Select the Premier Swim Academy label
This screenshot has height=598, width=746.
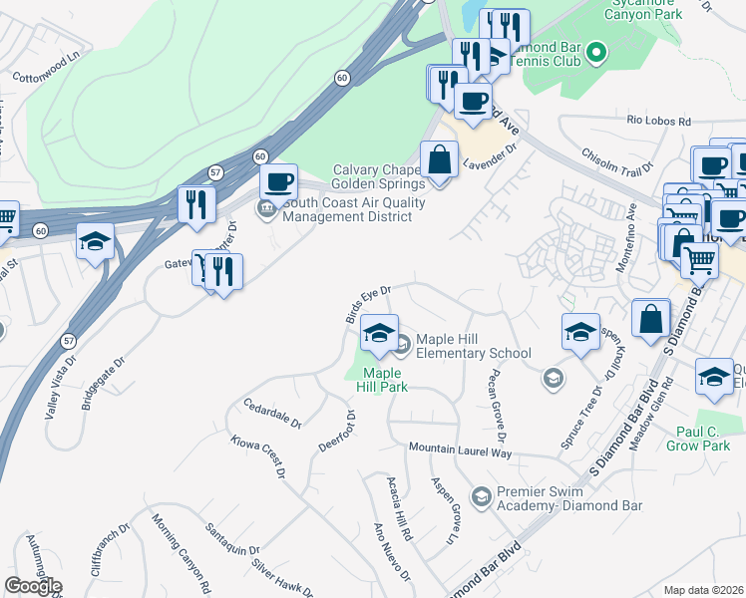(x=569, y=499)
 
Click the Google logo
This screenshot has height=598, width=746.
(x=33, y=586)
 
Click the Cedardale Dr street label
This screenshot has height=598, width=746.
(x=270, y=415)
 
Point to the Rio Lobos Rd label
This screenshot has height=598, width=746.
(x=659, y=121)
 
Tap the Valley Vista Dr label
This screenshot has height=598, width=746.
(x=61, y=385)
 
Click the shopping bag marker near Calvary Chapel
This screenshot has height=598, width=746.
(x=439, y=157)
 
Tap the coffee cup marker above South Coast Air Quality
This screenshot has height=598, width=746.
(x=279, y=182)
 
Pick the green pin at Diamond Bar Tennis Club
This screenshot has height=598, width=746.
(x=596, y=50)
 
